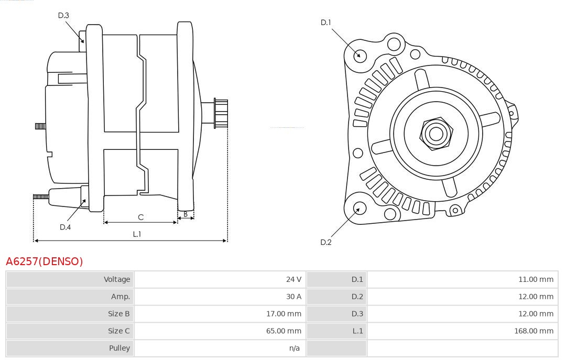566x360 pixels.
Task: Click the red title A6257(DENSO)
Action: click(x=45, y=261)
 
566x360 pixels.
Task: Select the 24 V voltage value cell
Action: click(x=293, y=279)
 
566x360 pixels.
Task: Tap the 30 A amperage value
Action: click(x=293, y=297)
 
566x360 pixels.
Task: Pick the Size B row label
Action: click(x=119, y=314)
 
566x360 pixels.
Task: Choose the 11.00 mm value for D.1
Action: click(x=536, y=279)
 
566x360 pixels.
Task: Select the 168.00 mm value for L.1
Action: click(x=534, y=331)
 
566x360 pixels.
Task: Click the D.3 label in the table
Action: click(x=357, y=314)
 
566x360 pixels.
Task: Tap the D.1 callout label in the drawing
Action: click(x=326, y=22)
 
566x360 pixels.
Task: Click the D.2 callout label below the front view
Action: click(x=326, y=242)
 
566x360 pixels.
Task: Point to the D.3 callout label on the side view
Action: click(x=63, y=15)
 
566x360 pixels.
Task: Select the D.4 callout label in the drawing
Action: click(x=65, y=227)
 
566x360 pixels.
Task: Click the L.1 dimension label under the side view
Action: click(x=137, y=234)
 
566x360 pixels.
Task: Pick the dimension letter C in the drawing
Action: click(x=140, y=217)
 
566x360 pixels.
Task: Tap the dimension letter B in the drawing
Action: click(x=186, y=214)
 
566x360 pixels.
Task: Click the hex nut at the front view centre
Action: click(x=436, y=134)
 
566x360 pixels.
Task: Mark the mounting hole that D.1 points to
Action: click(x=360, y=55)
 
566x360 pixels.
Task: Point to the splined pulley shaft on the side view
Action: click(x=221, y=113)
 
